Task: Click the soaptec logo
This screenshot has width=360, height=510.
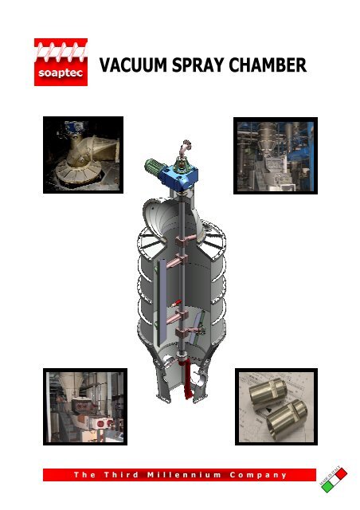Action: click(61, 62)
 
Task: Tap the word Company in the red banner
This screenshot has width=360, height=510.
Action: click(255, 475)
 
